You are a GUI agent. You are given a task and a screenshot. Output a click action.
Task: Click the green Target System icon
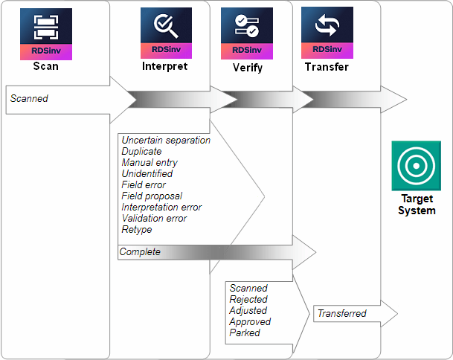click(x=417, y=164)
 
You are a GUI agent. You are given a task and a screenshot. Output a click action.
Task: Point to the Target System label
click(x=417, y=205)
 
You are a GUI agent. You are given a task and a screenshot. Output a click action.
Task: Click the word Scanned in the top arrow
click(x=29, y=98)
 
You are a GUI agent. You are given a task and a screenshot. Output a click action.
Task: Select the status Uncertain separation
click(x=166, y=140)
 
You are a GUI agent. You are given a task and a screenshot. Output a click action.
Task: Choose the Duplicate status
click(x=141, y=151)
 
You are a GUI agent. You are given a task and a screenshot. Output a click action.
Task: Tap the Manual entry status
click(x=150, y=162)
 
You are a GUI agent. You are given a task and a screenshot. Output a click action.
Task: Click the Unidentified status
click(x=147, y=173)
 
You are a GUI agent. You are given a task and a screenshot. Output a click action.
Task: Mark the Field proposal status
click(x=152, y=196)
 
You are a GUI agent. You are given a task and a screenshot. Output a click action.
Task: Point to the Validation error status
click(x=154, y=218)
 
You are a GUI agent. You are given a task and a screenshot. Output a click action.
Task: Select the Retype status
click(x=137, y=229)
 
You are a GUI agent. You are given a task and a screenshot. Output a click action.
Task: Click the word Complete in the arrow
click(x=140, y=252)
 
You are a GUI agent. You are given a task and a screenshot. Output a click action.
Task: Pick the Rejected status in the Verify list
click(x=248, y=299)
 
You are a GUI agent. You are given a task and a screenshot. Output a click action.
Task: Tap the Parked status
click(x=245, y=332)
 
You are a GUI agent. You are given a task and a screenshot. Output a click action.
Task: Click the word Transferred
click(x=341, y=314)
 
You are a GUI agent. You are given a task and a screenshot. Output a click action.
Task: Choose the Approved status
click(x=250, y=321)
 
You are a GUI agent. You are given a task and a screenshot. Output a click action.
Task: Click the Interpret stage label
click(x=164, y=66)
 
